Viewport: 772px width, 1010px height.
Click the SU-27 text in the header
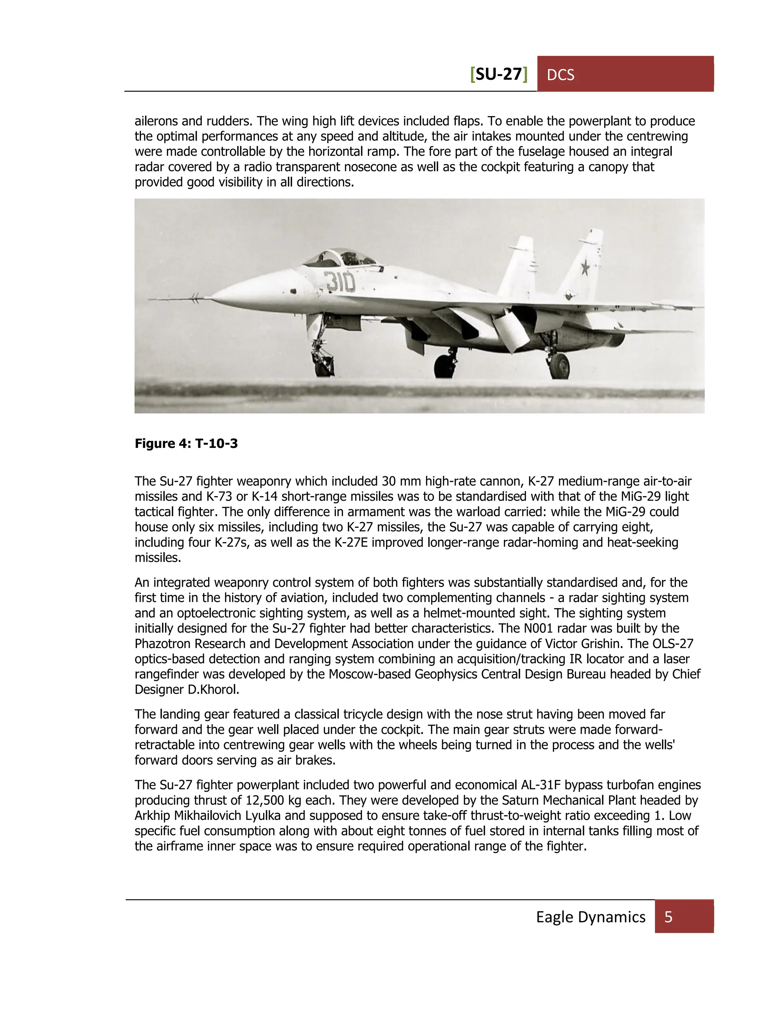pyautogui.click(x=499, y=74)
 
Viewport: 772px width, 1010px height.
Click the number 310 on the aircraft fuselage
pyautogui.click(x=340, y=282)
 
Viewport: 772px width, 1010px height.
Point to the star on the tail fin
pyautogui.click(x=585, y=267)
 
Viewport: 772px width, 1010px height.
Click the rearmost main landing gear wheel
pyautogui.click(x=560, y=366)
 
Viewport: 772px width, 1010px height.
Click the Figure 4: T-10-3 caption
pyautogui.click(x=186, y=443)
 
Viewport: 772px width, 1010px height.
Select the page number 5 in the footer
pyautogui.click(x=669, y=917)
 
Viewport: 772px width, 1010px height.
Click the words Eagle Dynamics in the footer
pyautogui.click(x=590, y=917)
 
